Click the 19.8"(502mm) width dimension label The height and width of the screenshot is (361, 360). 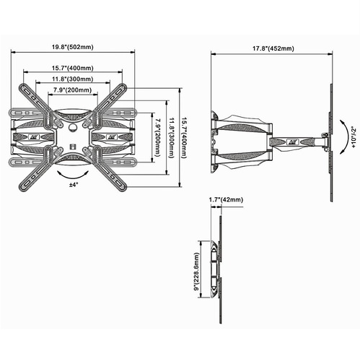tap(73, 47)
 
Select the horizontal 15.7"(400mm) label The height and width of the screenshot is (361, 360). tap(73, 68)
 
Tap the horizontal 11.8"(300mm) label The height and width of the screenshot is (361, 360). tap(73, 79)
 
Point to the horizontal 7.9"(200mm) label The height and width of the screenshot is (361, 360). tap(73, 90)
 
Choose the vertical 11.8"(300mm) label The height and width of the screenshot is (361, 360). tap(171, 137)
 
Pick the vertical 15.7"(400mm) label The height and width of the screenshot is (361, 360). tap(184, 137)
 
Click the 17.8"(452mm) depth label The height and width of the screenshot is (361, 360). tap(273, 48)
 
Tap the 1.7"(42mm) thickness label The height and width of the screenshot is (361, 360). tap(226, 199)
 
